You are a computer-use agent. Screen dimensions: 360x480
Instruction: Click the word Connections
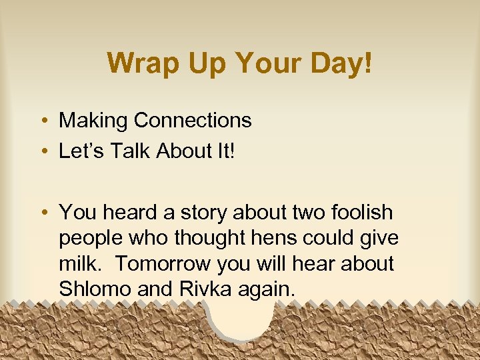click(x=193, y=121)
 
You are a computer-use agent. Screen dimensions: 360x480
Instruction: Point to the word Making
click(x=93, y=121)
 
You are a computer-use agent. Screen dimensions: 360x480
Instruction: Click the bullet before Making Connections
click(x=43, y=121)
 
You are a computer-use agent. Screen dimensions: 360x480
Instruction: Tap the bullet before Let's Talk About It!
click(x=43, y=152)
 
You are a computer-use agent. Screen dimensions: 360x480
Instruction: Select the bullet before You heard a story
click(x=43, y=213)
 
